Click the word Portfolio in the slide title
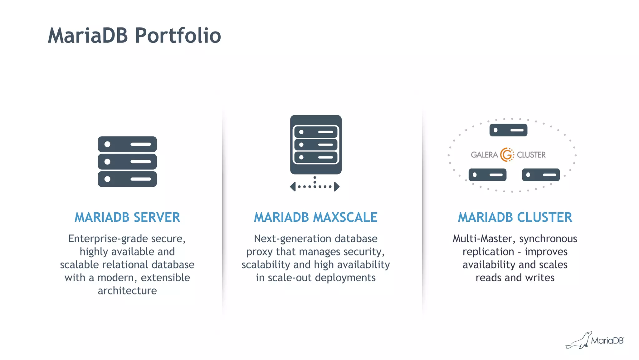click(178, 36)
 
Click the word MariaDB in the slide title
click(88, 36)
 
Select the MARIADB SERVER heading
click(127, 217)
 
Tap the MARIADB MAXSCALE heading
click(315, 217)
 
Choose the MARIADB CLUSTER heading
click(515, 217)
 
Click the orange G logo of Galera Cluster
click(507, 155)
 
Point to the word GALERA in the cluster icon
click(484, 155)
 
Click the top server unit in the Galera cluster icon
click(508, 130)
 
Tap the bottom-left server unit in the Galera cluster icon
click(487, 175)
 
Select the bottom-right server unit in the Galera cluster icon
click(541, 175)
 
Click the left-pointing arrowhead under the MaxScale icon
click(293, 187)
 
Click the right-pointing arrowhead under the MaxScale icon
click(337, 187)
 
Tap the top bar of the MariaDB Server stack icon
click(127, 144)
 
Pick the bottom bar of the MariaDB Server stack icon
click(127, 179)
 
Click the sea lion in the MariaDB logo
click(579, 341)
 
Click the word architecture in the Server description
click(127, 291)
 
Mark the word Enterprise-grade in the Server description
click(109, 239)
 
